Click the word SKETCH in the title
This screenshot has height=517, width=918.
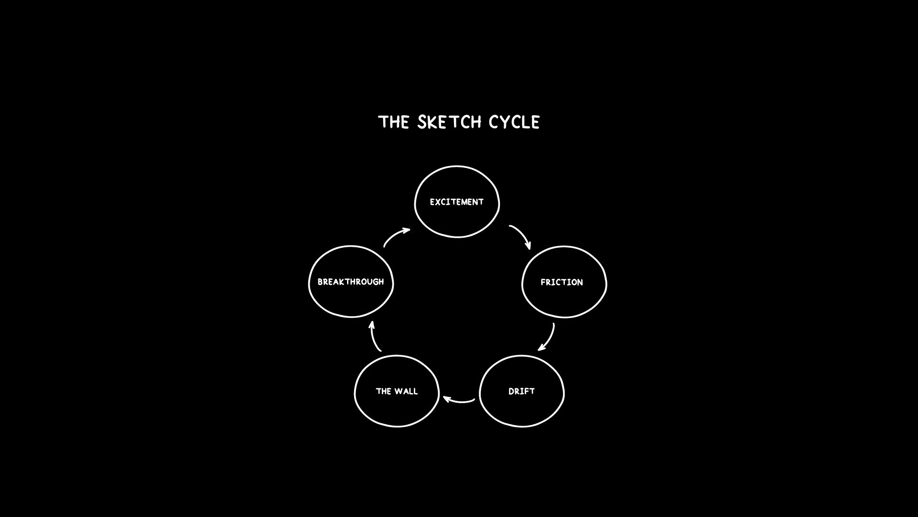(449, 122)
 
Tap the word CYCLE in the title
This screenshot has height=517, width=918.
(514, 122)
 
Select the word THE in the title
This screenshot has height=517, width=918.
(394, 122)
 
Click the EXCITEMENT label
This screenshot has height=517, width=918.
(456, 202)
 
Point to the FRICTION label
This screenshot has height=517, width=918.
(562, 283)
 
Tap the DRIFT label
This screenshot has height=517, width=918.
(521, 392)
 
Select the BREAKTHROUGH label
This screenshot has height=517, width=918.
(351, 282)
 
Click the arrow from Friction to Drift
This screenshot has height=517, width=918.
(549, 338)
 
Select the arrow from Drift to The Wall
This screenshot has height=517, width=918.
(460, 401)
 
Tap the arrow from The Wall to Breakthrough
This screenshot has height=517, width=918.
(374, 337)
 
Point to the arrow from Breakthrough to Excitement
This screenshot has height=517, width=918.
(396, 236)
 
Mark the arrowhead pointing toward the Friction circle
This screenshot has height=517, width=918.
(528, 246)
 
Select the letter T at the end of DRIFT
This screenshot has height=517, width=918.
(532, 392)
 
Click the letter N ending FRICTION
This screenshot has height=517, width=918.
(580, 283)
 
